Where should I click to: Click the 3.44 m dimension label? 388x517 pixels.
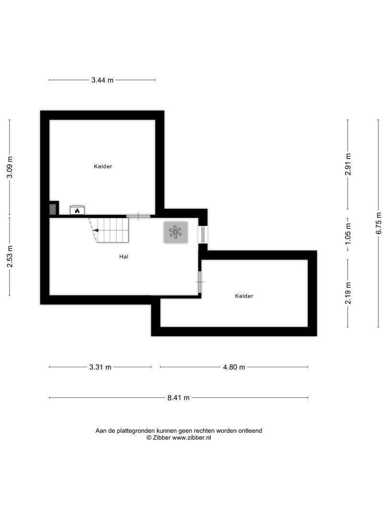click(x=102, y=80)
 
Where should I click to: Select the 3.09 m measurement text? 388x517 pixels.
click(x=10, y=168)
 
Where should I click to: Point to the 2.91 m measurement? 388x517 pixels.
click(x=348, y=164)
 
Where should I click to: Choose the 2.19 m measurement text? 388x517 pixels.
click(x=348, y=293)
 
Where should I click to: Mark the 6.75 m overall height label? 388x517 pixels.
click(x=378, y=223)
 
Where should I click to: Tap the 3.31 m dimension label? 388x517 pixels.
click(x=100, y=367)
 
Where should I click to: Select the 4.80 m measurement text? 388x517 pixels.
click(x=233, y=367)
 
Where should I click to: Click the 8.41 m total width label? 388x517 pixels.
click(x=178, y=398)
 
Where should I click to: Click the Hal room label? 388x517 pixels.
click(x=124, y=257)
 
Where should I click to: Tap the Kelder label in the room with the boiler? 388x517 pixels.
click(x=103, y=167)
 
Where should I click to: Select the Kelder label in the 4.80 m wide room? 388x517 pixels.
click(x=244, y=296)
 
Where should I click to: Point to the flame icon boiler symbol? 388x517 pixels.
click(x=77, y=210)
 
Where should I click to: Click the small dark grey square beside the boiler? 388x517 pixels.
click(x=53, y=209)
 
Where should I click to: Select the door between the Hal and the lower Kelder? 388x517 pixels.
click(x=199, y=282)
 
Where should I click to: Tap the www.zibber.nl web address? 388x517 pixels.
click(x=192, y=437)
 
